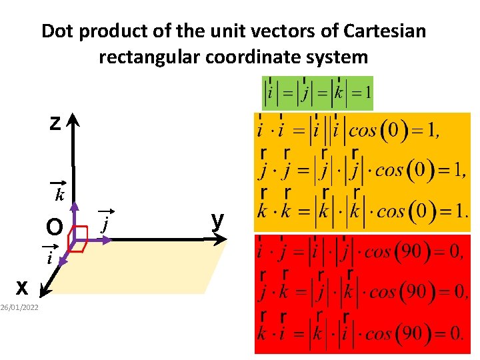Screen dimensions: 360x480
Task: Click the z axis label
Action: (x=55, y=124)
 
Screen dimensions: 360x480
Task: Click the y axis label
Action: (x=217, y=219)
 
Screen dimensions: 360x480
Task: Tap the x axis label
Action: (x=22, y=287)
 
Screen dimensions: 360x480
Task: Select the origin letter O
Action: (x=54, y=228)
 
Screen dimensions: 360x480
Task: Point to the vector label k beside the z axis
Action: (x=59, y=195)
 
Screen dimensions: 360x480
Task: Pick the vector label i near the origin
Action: (x=49, y=257)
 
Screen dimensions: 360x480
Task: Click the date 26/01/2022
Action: (x=19, y=307)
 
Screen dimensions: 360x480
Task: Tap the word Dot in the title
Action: (x=57, y=31)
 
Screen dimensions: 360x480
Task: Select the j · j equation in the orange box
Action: (x=360, y=169)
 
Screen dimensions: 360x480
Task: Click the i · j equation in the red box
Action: (x=360, y=253)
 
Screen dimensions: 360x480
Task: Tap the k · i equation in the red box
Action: (x=360, y=333)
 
